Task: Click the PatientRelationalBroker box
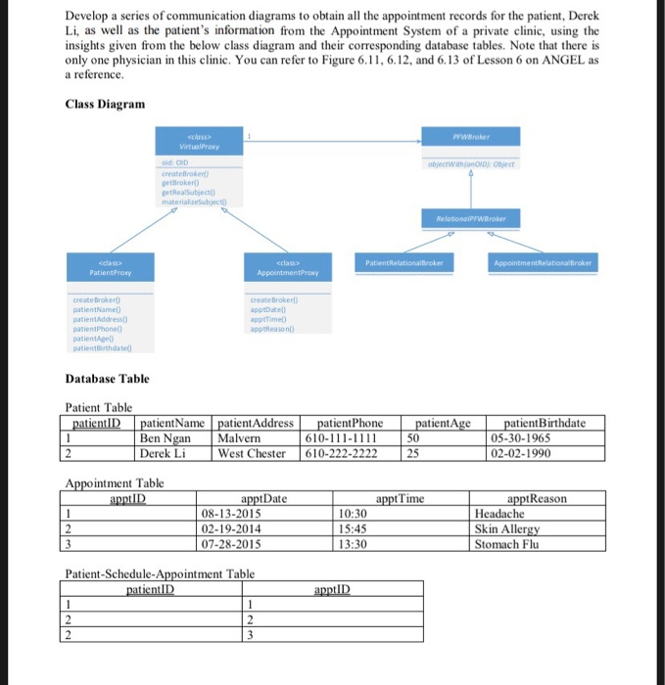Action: click(x=405, y=263)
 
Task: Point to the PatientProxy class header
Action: click(x=110, y=268)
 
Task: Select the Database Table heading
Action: click(x=107, y=378)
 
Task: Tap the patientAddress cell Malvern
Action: click(x=239, y=438)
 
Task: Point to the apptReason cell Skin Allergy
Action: click(x=507, y=528)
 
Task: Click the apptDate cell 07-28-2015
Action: click(x=230, y=543)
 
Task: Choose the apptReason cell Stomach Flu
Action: click(x=506, y=543)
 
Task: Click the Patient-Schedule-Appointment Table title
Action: click(x=159, y=574)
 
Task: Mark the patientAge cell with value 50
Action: click(x=414, y=438)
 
